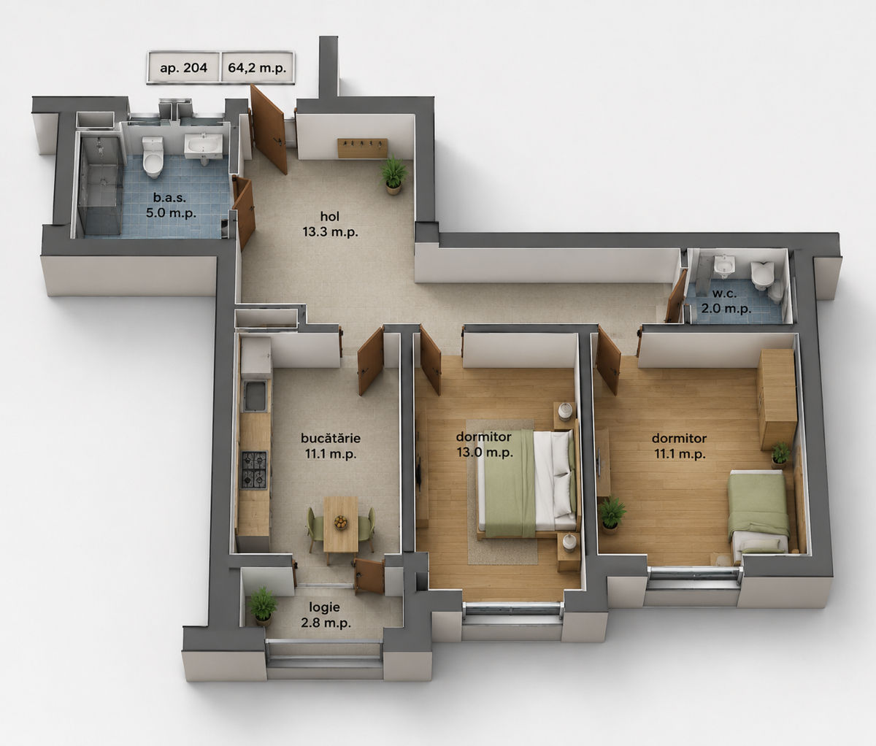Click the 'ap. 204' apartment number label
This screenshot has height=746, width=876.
(x=183, y=68)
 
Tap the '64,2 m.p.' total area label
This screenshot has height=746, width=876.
(x=257, y=68)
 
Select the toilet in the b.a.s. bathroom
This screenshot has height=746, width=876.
(x=153, y=156)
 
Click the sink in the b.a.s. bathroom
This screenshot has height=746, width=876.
(x=204, y=147)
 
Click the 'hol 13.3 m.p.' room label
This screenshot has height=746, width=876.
(x=330, y=224)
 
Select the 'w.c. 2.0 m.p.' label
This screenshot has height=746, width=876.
(x=726, y=301)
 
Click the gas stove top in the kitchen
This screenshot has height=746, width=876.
(x=254, y=469)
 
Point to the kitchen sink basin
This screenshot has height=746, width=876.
(x=255, y=396)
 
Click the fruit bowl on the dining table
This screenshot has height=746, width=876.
(x=340, y=522)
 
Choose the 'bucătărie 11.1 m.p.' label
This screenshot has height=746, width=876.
(x=331, y=445)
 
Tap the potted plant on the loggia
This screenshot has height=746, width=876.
(x=263, y=607)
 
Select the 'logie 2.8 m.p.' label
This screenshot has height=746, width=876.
(x=326, y=615)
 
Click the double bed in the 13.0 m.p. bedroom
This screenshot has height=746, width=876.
(x=527, y=483)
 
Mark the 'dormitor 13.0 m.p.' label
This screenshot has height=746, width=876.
(x=485, y=445)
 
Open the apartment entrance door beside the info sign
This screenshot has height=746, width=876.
(x=268, y=129)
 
